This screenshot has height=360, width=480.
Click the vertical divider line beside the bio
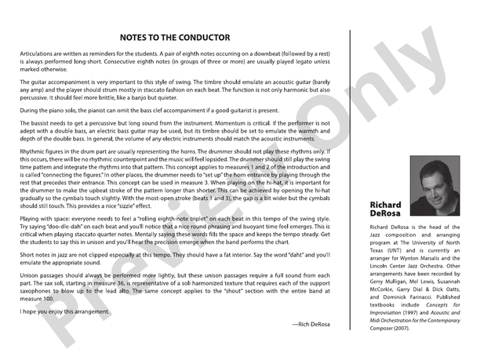(x=350, y=180)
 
